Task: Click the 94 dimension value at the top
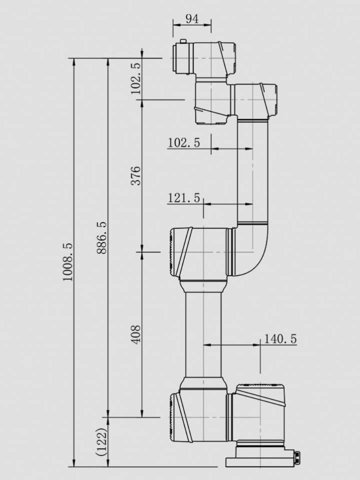(x=192, y=19)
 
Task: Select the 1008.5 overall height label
(x=67, y=261)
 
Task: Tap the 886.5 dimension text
(x=101, y=238)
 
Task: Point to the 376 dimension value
(x=135, y=175)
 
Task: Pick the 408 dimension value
(x=135, y=334)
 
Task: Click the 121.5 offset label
(x=183, y=198)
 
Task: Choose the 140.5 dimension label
(x=280, y=339)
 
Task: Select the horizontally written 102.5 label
(x=183, y=142)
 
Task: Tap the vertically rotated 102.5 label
(x=135, y=78)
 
